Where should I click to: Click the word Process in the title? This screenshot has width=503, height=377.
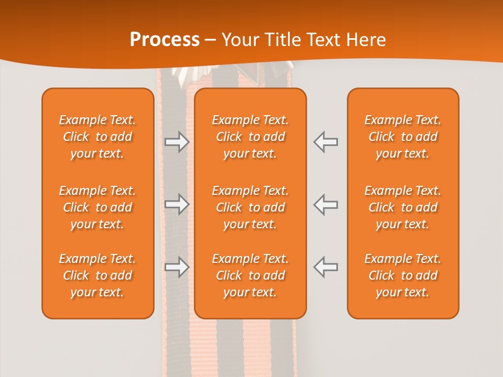coord(165,40)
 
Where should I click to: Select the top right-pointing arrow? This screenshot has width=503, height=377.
coord(177,142)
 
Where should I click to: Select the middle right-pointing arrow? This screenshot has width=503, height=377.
coord(177,204)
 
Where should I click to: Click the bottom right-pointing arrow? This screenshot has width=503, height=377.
coord(177,267)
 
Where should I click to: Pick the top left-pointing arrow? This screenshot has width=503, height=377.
coord(326,142)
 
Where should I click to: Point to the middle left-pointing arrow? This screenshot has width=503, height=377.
coord(326,204)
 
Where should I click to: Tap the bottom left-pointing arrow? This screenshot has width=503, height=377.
coord(326,267)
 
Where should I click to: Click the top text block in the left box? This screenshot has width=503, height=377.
coord(97,137)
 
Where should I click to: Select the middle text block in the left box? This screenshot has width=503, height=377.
coord(97,207)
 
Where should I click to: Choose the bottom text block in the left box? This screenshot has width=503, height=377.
coord(97,275)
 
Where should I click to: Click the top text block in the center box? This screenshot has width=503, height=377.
coord(250,137)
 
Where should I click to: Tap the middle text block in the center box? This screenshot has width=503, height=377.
coord(250,207)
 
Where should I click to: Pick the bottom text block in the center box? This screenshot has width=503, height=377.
coord(250,275)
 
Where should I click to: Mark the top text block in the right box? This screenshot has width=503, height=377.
coord(402,137)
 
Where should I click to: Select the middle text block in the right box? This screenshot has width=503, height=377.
coord(402,207)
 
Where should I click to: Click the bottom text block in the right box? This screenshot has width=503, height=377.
coord(402,275)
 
